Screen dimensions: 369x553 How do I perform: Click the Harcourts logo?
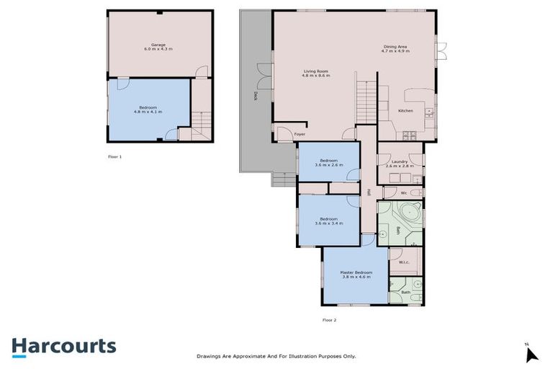pyautogui.click(x=63, y=346)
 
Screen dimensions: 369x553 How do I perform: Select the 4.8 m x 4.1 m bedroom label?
pyautogui.click(x=148, y=109)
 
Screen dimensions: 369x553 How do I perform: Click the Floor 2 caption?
pyautogui.click(x=329, y=319)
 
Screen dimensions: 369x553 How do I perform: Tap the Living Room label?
pyautogui.click(x=317, y=73)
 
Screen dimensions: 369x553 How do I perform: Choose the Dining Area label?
pyautogui.click(x=395, y=50)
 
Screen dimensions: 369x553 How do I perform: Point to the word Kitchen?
pyautogui.click(x=405, y=110)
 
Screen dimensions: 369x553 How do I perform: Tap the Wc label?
pyautogui.click(x=404, y=192)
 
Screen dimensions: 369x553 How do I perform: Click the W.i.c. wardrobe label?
pyautogui.click(x=403, y=262)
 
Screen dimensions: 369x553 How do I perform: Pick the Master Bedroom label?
pyautogui.click(x=356, y=274)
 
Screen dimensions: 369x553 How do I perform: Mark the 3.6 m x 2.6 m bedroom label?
pyautogui.click(x=328, y=162)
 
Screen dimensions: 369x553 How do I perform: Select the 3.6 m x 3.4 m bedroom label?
pyautogui.click(x=328, y=221)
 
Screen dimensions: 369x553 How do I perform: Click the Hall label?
pyautogui.click(x=368, y=192)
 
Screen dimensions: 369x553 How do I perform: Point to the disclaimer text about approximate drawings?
pyautogui.click(x=276, y=356)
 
